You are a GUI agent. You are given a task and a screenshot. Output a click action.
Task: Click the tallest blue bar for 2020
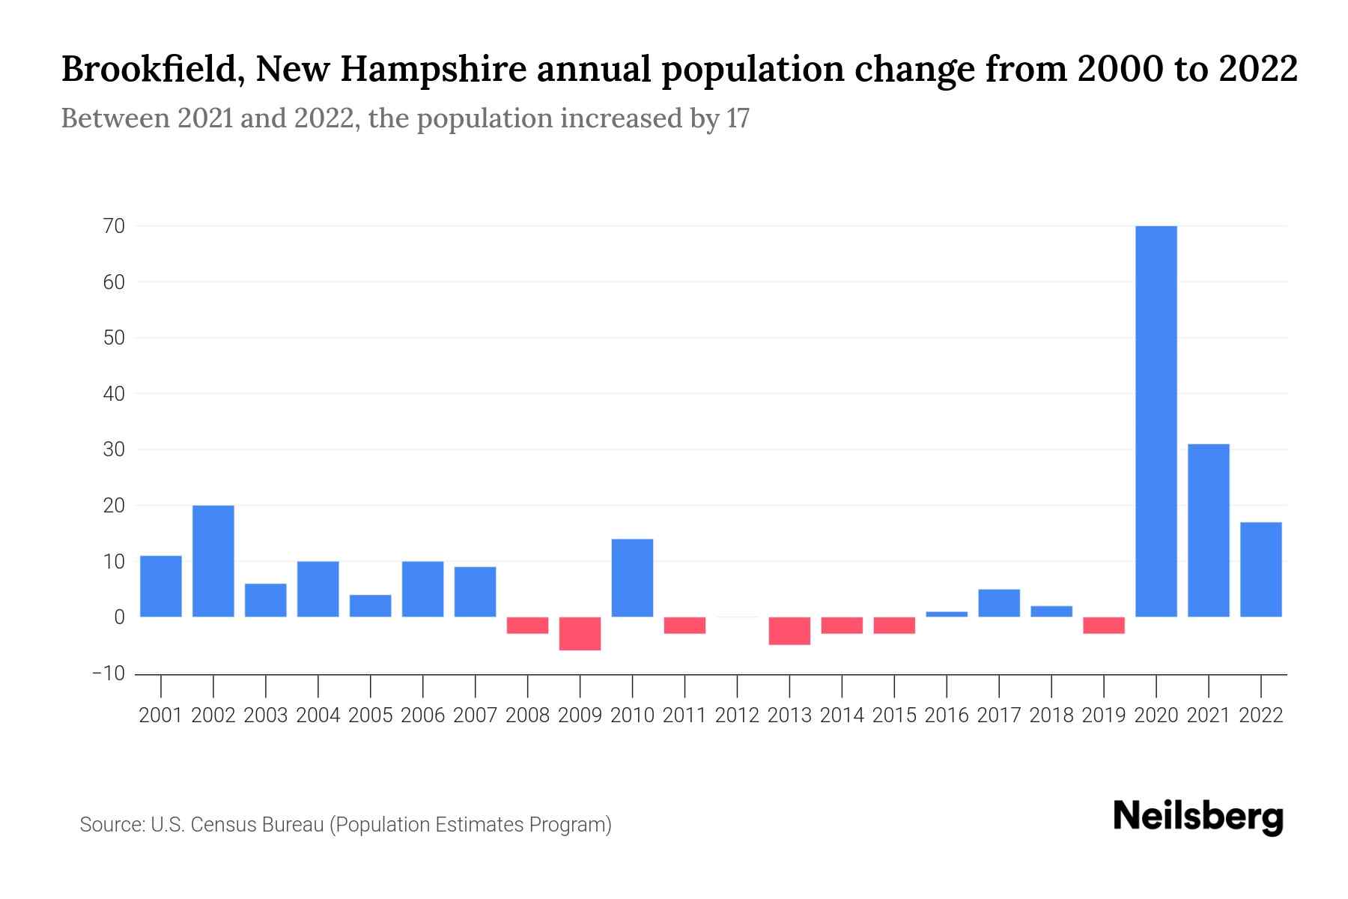pyautogui.click(x=1156, y=421)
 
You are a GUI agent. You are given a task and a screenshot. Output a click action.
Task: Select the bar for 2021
pyautogui.click(x=1209, y=530)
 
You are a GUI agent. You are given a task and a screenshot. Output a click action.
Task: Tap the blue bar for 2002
pyautogui.click(x=213, y=561)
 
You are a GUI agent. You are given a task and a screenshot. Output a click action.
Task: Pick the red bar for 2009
pyautogui.click(x=580, y=634)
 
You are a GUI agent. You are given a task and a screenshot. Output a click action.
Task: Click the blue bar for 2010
pyautogui.click(x=633, y=578)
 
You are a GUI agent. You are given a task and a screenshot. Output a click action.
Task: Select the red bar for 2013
pyautogui.click(x=789, y=631)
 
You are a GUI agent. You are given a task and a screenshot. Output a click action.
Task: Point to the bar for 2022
pyautogui.click(x=1261, y=569)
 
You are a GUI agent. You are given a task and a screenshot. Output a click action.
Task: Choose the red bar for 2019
pyautogui.click(x=1104, y=626)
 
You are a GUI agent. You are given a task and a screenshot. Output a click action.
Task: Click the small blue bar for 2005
pyautogui.click(x=371, y=605)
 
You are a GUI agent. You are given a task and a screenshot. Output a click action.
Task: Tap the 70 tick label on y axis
pyautogui.click(x=115, y=225)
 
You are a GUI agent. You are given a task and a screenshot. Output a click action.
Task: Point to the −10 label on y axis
pyautogui.click(x=109, y=673)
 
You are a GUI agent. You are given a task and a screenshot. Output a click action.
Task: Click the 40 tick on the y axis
pyautogui.click(x=115, y=393)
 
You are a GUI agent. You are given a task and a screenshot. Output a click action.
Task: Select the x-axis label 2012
pyautogui.click(x=737, y=715)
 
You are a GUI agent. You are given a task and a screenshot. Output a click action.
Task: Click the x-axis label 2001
pyautogui.click(x=161, y=715)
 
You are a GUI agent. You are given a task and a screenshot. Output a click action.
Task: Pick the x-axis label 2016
pyautogui.click(x=947, y=715)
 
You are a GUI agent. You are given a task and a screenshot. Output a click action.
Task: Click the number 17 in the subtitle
pyautogui.click(x=738, y=119)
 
